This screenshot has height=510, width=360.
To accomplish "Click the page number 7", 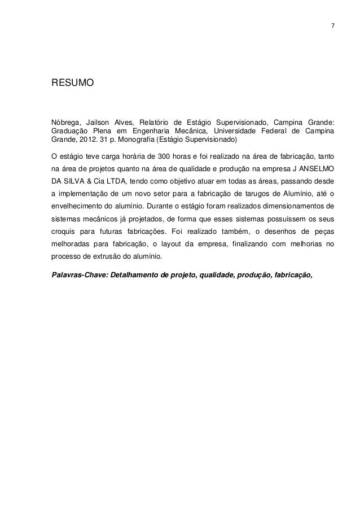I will pyautogui.click(x=332, y=27).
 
